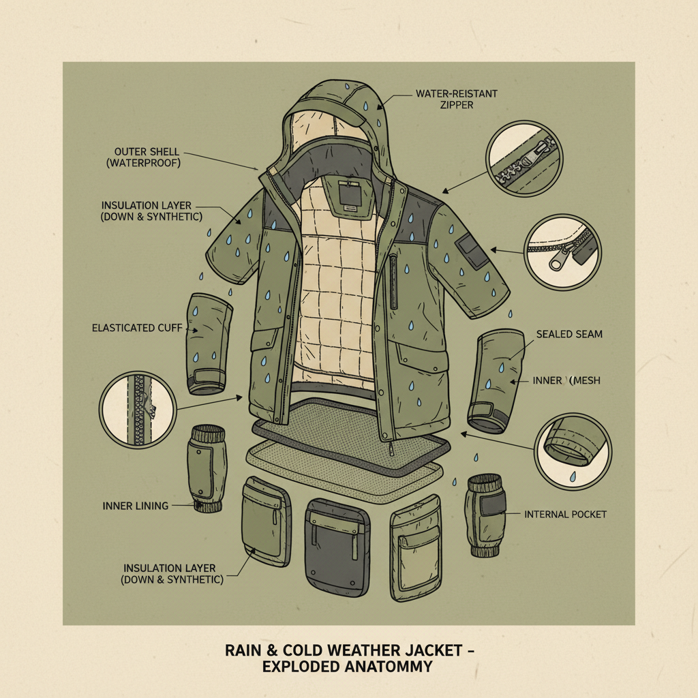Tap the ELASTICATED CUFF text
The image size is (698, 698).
pyautogui.click(x=137, y=328)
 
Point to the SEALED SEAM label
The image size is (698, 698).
pyautogui.click(x=569, y=334)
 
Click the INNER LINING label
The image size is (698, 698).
pyautogui.click(x=136, y=506)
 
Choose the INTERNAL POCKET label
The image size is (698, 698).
pyautogui.click(x=565, y=514)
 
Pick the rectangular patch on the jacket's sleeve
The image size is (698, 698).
pyautogui.click(x=469, y=250)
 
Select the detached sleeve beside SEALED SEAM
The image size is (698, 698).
pyautogui.click(x=494, y=382)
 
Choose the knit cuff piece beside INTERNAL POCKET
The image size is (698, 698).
pyautogui.click(x=486, y=515)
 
